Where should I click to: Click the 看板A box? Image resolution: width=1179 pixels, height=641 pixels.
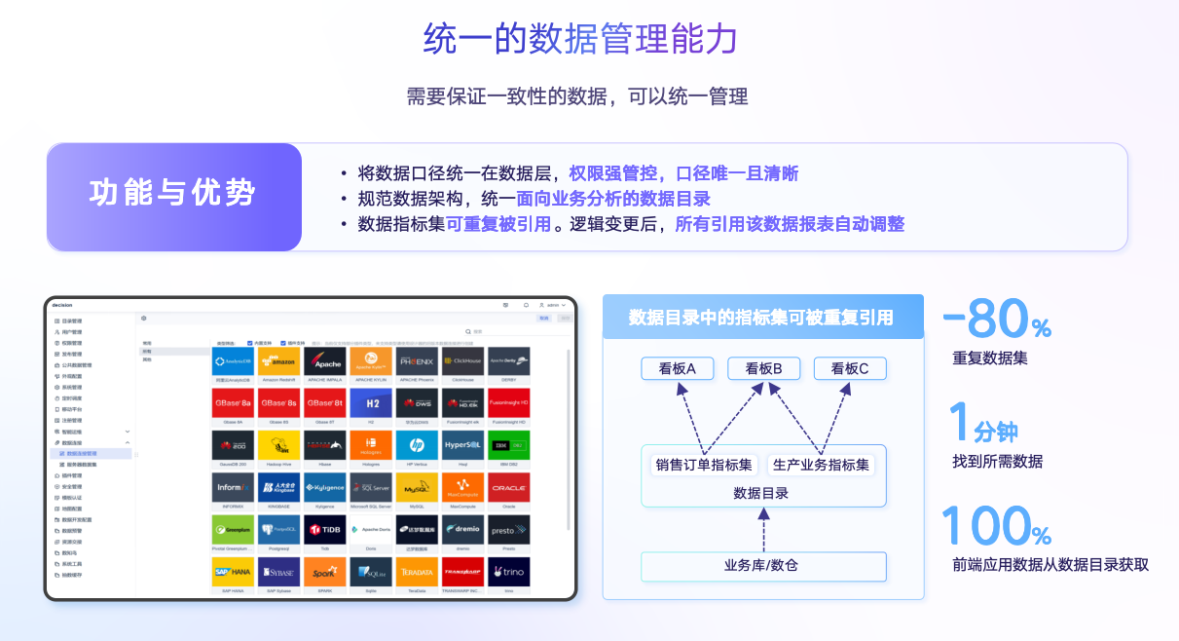click(677, 368)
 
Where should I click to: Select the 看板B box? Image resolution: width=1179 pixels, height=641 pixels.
click(763, 368)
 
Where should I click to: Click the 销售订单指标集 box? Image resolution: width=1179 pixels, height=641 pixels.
click(703, 465)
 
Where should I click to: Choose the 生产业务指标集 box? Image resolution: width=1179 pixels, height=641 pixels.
click(821, 465)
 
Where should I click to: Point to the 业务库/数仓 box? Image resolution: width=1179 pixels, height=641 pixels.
click(763, 565)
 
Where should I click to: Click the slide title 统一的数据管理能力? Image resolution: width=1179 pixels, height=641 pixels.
click(580, 39)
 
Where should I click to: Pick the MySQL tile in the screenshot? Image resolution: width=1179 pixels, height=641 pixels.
click(417, 486)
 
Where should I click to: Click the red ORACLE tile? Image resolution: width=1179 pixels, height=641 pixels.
click(509, 486)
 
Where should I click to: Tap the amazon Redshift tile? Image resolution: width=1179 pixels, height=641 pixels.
click(278, 360)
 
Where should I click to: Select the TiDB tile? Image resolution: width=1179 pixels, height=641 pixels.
click(324, 530)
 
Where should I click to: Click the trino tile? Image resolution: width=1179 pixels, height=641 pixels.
click(509, 572)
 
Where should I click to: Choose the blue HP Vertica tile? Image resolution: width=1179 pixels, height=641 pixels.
click(417, 444)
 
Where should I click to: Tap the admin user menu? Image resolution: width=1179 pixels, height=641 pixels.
click(548, 305)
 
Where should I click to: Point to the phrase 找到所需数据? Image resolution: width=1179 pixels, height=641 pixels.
click(997, 462)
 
